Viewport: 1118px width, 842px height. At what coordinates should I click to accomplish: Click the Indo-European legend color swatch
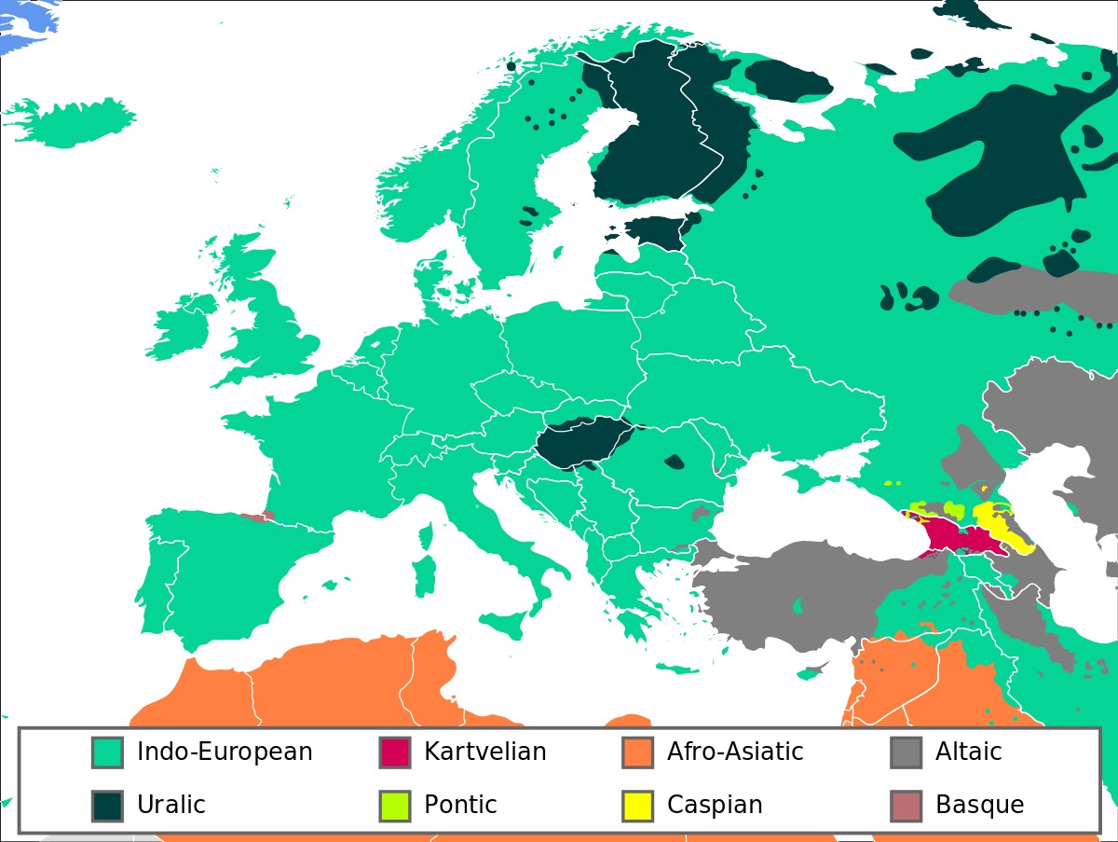(107, 752)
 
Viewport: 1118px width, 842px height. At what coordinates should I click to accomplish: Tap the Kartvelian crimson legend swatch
(394, 752)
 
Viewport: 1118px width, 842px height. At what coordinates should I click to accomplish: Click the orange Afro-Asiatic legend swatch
(637, 752)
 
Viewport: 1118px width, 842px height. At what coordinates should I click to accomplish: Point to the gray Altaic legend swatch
(906, 752)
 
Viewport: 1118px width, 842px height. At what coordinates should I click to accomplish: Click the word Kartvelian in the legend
(484, 752)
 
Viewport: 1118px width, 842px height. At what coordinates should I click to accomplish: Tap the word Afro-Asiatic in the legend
(734, 752)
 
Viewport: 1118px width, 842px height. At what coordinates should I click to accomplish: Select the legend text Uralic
(170, 805)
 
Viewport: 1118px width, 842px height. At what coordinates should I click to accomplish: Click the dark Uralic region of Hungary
(582, 442)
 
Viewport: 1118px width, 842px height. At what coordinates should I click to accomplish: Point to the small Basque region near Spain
(256, 516)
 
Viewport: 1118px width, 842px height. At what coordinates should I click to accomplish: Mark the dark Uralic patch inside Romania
(674, 461)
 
